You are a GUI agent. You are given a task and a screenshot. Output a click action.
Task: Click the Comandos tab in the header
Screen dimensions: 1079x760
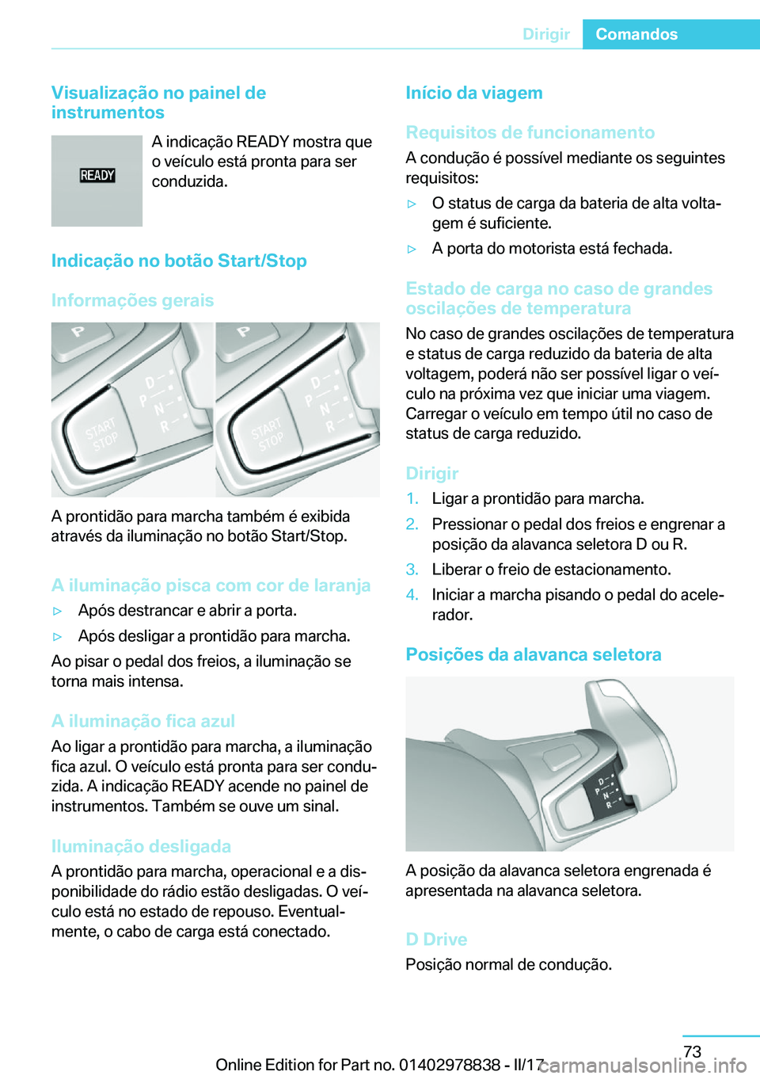636,34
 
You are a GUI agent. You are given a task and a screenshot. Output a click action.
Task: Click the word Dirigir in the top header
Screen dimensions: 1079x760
545,34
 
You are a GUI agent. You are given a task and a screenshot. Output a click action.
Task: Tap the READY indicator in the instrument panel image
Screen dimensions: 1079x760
97,175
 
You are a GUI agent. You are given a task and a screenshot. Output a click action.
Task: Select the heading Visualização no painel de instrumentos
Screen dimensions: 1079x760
158,103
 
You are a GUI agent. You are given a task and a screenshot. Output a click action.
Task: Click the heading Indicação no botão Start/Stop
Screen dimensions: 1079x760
179,261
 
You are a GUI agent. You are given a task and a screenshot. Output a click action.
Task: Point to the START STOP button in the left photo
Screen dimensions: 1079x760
101,434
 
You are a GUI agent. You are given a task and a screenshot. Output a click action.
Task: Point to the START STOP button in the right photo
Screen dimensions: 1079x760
267,434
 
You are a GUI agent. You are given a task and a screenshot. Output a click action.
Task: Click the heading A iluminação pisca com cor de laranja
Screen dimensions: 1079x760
211,585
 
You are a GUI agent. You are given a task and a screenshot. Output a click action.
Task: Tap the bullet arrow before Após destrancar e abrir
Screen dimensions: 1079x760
57,612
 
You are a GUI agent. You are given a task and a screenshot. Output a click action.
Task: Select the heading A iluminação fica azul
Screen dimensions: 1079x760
143,721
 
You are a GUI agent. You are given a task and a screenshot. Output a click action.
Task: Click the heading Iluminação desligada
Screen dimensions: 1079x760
141,846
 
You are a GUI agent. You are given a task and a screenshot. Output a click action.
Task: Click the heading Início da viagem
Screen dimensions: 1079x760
474,93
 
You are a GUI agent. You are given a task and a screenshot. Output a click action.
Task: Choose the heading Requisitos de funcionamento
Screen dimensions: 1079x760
530,132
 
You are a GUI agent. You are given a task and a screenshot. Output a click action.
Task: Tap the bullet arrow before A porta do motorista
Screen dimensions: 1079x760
412,249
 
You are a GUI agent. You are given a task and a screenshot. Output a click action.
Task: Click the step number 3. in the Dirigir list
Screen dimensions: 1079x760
412,570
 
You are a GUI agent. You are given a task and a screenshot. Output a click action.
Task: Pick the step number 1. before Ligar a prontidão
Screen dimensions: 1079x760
412,498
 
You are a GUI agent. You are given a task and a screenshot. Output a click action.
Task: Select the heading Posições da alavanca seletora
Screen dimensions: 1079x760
534,654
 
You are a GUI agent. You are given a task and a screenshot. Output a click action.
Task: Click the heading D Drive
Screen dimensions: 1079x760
436,939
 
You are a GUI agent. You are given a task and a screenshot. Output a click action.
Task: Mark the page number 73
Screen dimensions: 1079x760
692,1051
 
